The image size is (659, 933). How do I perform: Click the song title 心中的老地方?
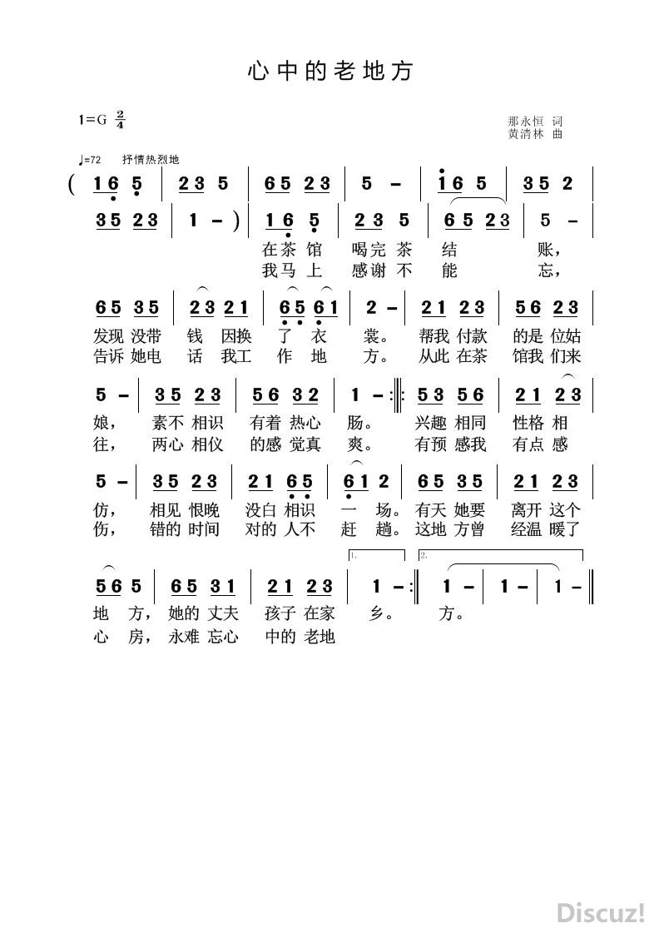coord(329,72)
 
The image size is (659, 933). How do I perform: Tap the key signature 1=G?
coord(93,119)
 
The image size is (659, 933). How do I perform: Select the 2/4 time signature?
coord(121,119)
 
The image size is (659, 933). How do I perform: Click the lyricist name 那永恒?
coord(524,121)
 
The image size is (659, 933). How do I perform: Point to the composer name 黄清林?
coord(524,133)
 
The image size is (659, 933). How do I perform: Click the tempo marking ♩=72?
coord(88,160)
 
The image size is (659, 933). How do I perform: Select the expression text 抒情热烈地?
coord(151,160)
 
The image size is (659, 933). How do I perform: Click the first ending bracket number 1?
coord(354,554)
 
